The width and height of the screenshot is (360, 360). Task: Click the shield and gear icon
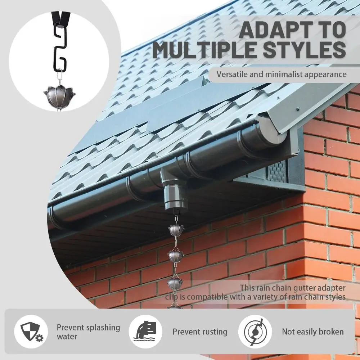31,332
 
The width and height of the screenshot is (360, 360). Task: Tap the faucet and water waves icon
145,332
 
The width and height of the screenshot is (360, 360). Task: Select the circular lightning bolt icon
255,332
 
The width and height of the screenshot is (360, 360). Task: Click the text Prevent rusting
200,332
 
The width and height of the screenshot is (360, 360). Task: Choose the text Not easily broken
312,332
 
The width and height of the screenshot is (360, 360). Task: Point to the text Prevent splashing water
88,332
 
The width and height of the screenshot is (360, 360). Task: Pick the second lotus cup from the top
176,256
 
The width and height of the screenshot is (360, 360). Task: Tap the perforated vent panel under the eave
278,172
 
